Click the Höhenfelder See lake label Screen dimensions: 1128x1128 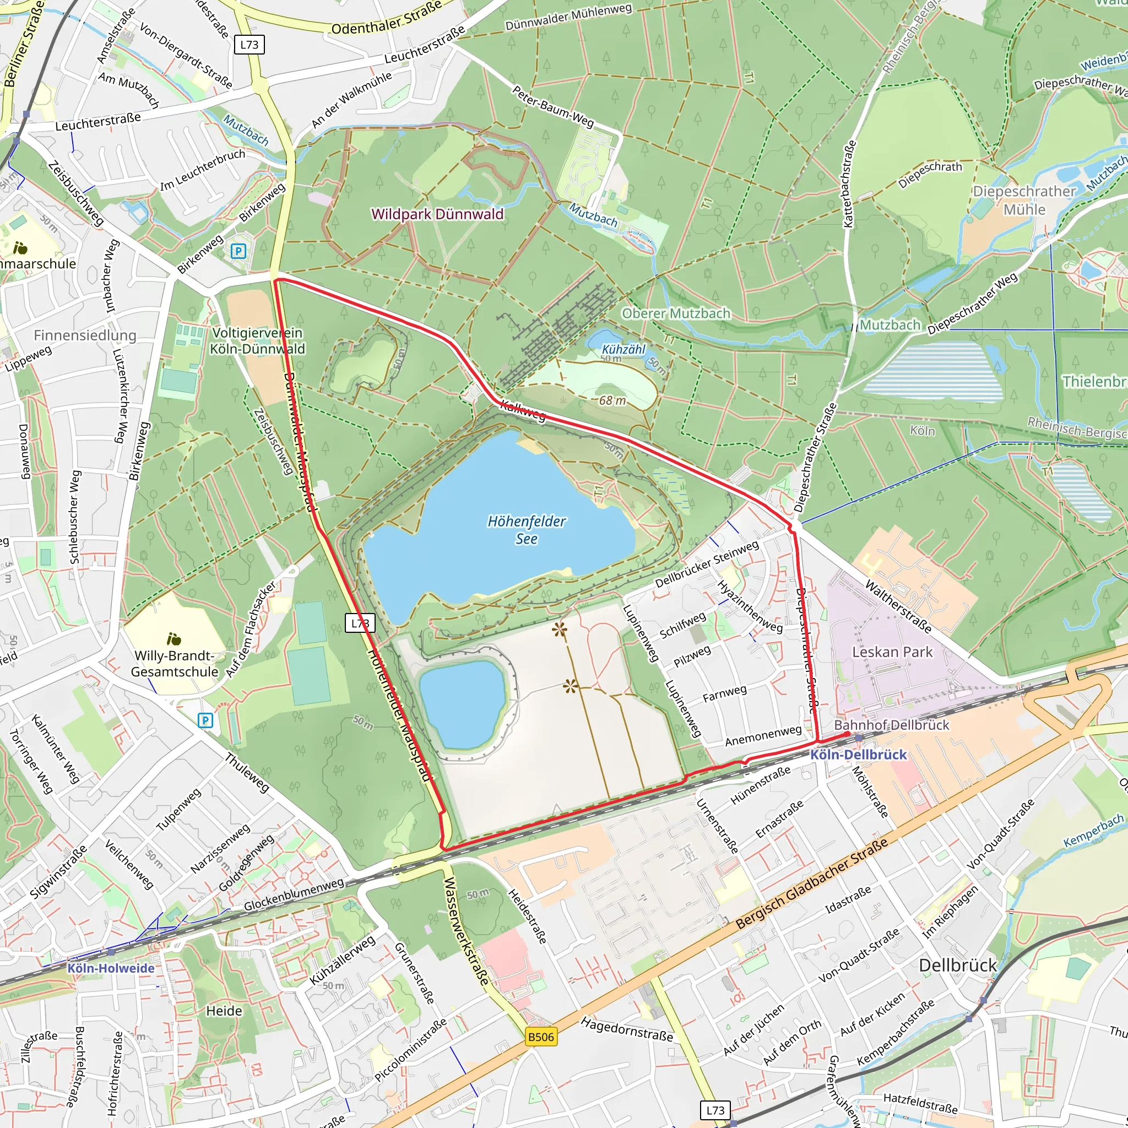click(526, 529)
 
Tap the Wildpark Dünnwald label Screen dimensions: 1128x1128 click(437, 214)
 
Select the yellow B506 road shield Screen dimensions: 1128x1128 click(540, 1037)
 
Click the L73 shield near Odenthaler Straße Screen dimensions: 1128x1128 click(250, 45)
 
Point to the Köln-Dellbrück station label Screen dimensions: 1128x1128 click(858, 755)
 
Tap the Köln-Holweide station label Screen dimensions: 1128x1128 click(111, 968)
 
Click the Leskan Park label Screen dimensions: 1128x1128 click(892, 652)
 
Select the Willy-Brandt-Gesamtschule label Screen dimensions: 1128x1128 click(174, 664)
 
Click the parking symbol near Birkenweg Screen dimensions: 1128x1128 click(238, 251)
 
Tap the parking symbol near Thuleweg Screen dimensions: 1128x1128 click(205, 720)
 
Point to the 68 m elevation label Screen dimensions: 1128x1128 click(612, 400)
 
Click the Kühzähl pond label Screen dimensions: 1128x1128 click(623, 349)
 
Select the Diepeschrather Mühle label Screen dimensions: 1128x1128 click(1024, 200)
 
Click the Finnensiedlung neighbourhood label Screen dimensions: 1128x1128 click(85, 335)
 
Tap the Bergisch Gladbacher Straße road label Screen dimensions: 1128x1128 click(811, 883)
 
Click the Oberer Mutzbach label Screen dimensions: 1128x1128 click(675, 313)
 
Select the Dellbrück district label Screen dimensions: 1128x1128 click(957, 965)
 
